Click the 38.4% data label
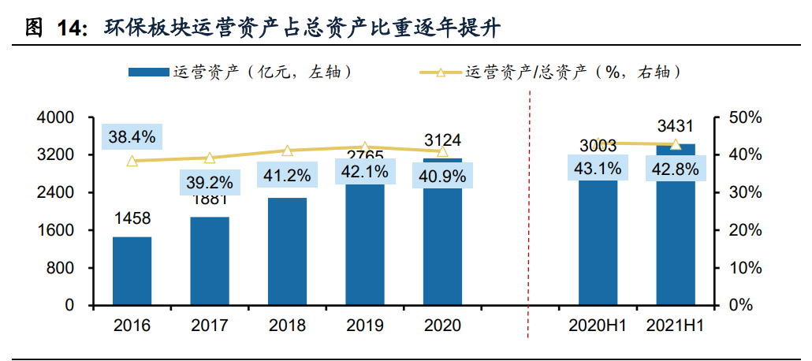pos(132,137)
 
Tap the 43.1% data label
pos(597,168)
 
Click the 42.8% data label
pos(675,168)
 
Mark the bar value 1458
pos(132,218)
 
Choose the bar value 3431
pos(676,126)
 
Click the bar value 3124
pos(442,140)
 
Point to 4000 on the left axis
pos(56,117)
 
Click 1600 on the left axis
pos(56,230)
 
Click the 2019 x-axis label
pos(364,326)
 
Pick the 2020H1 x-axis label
pos(597,326)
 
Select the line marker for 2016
pos(132,161)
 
